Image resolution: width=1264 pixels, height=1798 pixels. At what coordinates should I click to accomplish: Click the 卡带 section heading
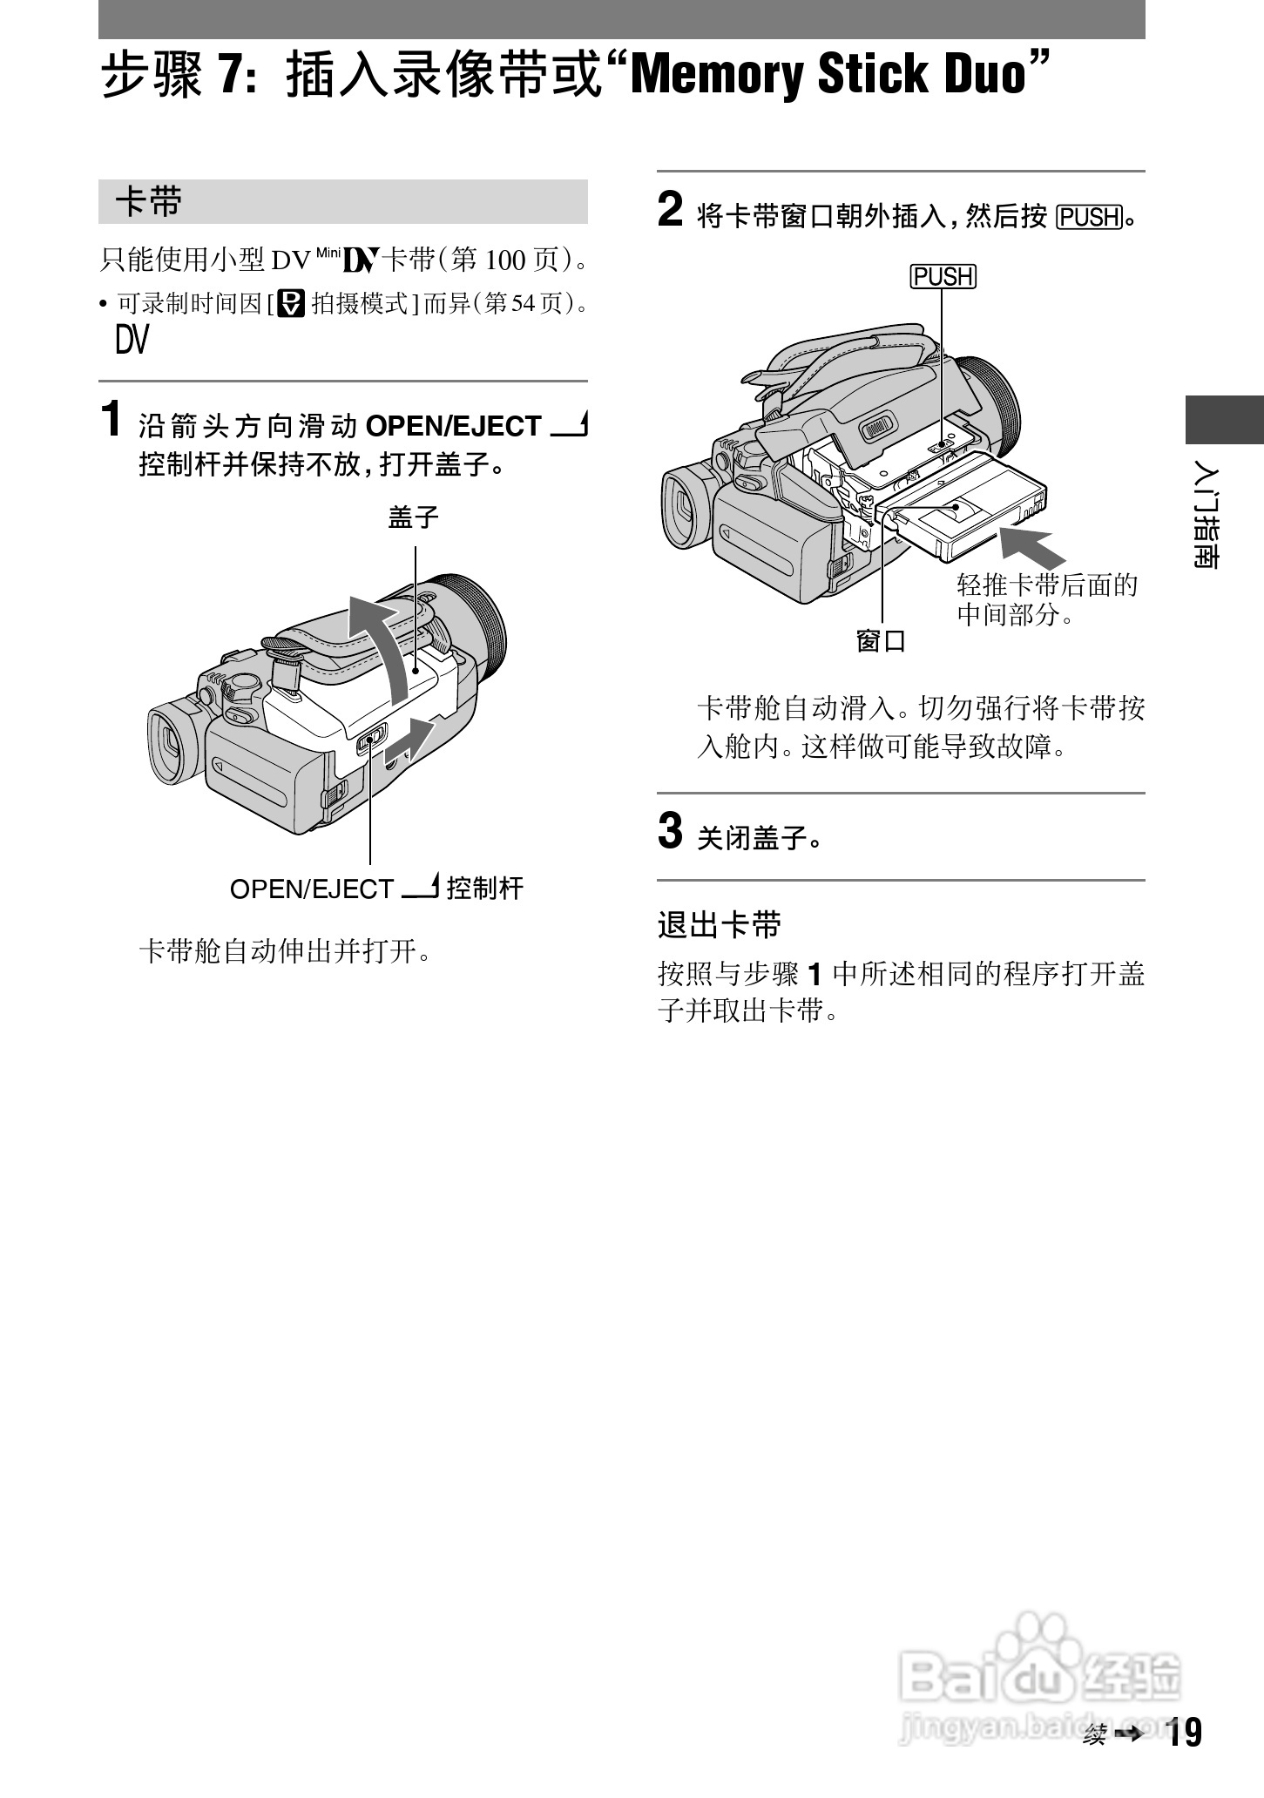149,202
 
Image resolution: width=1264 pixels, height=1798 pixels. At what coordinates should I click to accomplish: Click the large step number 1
112,419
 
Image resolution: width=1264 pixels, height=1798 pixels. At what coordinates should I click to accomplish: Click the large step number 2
670,210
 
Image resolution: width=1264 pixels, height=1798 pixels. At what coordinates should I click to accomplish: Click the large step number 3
670,830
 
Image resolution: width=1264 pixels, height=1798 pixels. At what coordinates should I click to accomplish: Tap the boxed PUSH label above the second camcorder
943,277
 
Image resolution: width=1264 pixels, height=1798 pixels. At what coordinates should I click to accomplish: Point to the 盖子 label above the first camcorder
414,518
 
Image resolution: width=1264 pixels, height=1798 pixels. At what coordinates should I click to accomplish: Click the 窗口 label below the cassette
881,641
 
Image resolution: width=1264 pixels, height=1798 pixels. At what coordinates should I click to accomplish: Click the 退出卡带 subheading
720,924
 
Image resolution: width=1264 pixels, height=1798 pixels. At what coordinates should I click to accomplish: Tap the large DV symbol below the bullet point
132,340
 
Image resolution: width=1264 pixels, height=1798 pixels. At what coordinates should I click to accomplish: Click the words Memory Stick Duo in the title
828,75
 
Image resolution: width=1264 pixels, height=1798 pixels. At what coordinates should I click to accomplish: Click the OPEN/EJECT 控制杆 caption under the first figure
376,889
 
